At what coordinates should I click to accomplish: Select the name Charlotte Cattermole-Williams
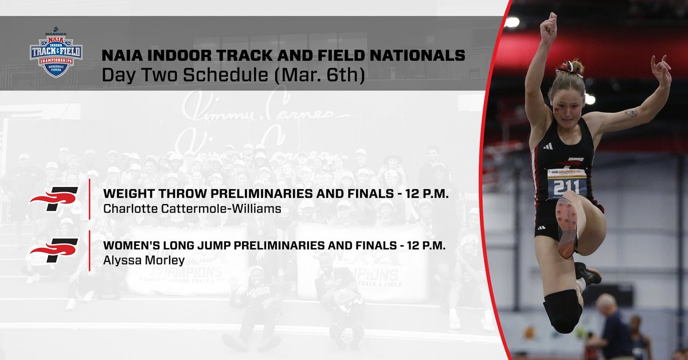pyautogui.click(x=192, y=209)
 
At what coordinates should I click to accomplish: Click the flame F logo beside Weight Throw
pyautogui.click(x=54, y=198)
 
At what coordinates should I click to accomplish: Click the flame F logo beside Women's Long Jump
pyautogui.click(x=54, y=251)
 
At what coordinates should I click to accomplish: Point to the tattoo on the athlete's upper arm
pyautogui.click(x=631, y=113)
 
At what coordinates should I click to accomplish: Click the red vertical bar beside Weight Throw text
pyautogui.click(x=90, y=198)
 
